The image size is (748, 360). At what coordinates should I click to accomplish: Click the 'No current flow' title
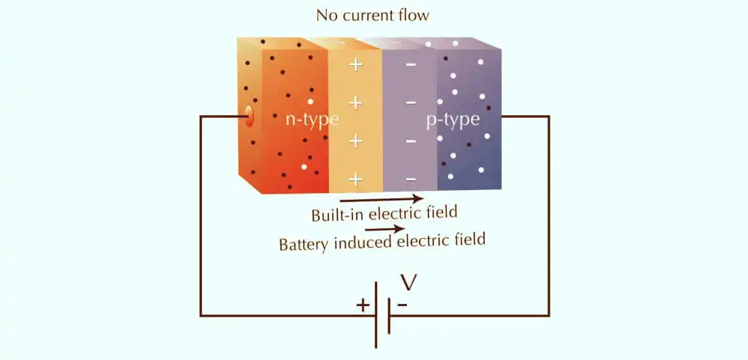tap(373, 15)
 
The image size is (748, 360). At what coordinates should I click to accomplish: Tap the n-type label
tap(312, 119)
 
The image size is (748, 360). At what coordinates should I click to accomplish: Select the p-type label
tap(453, 119)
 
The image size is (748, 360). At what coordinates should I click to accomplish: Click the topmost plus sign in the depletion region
tap(355, 64)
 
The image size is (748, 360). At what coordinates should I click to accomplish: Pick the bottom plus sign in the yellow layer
tap(355, 180)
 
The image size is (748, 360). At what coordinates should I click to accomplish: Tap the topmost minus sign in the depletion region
tap(410, 64)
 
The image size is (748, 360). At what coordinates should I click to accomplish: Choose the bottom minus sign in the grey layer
tap(410, 180)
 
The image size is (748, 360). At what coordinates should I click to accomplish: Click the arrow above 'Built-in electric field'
tap(381, 199)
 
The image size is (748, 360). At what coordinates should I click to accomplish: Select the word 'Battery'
tap(304, 245)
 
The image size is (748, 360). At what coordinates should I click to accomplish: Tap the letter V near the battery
tap(409, 282)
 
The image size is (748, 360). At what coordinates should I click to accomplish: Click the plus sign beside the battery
tap(363, 305)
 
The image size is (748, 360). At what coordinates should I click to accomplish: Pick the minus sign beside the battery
tap(402, 304)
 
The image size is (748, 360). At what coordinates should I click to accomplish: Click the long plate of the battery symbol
tap(376, 315)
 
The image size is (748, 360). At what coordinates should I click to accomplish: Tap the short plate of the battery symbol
tap(389, 316)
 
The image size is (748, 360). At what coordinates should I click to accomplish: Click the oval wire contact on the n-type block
tap(249, 117)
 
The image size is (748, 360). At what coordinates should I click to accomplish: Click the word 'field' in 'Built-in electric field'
tap(442, 210)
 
